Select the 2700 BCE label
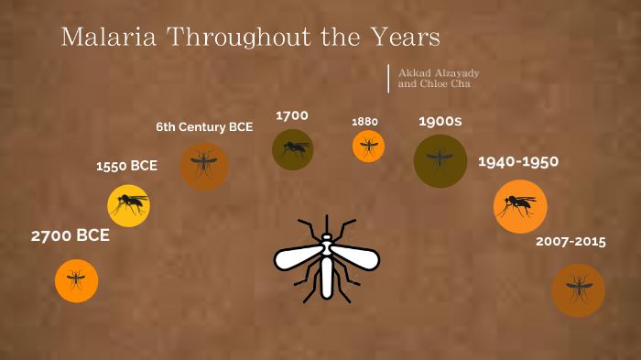pos(71,235)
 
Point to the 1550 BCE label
pos(126,166)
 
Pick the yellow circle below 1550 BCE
pos(128,205)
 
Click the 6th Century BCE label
pos(204,126)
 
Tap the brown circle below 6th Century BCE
pos(204,166)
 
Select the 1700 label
pos(292,115)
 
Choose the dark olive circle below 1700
pos(293,149)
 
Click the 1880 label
pos(365,122)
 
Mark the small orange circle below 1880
pos(368,146)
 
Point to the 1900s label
pos(440,121)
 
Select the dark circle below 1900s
pos(440,161)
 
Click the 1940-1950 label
pos(518,162)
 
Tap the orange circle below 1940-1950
pos(520,206)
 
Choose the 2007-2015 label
pos(571,242)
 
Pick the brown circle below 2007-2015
pos(578,289)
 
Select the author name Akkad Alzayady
pos(439,72)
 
